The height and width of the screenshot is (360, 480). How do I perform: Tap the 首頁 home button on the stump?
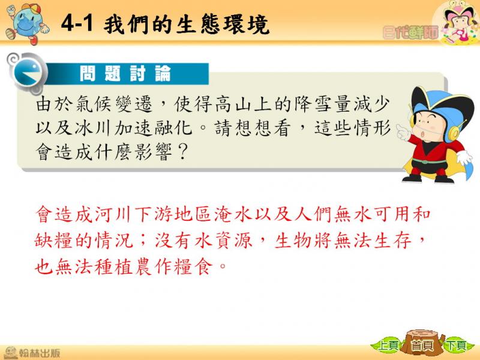point(422,346)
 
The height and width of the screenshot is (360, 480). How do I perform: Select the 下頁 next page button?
point(456,346)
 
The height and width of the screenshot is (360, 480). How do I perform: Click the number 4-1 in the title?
point(77,23)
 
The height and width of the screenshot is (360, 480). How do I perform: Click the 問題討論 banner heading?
point(125,73)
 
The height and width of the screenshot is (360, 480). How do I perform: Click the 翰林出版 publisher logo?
point(32,353)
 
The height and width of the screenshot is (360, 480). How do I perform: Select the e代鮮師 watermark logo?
point(410,32)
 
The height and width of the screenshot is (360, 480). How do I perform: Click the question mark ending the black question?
point(182,152)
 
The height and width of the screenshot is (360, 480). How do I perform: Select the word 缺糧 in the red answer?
point(54,240)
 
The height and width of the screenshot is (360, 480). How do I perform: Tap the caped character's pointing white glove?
point(403,132)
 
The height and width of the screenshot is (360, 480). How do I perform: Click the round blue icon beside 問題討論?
point(28,73)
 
